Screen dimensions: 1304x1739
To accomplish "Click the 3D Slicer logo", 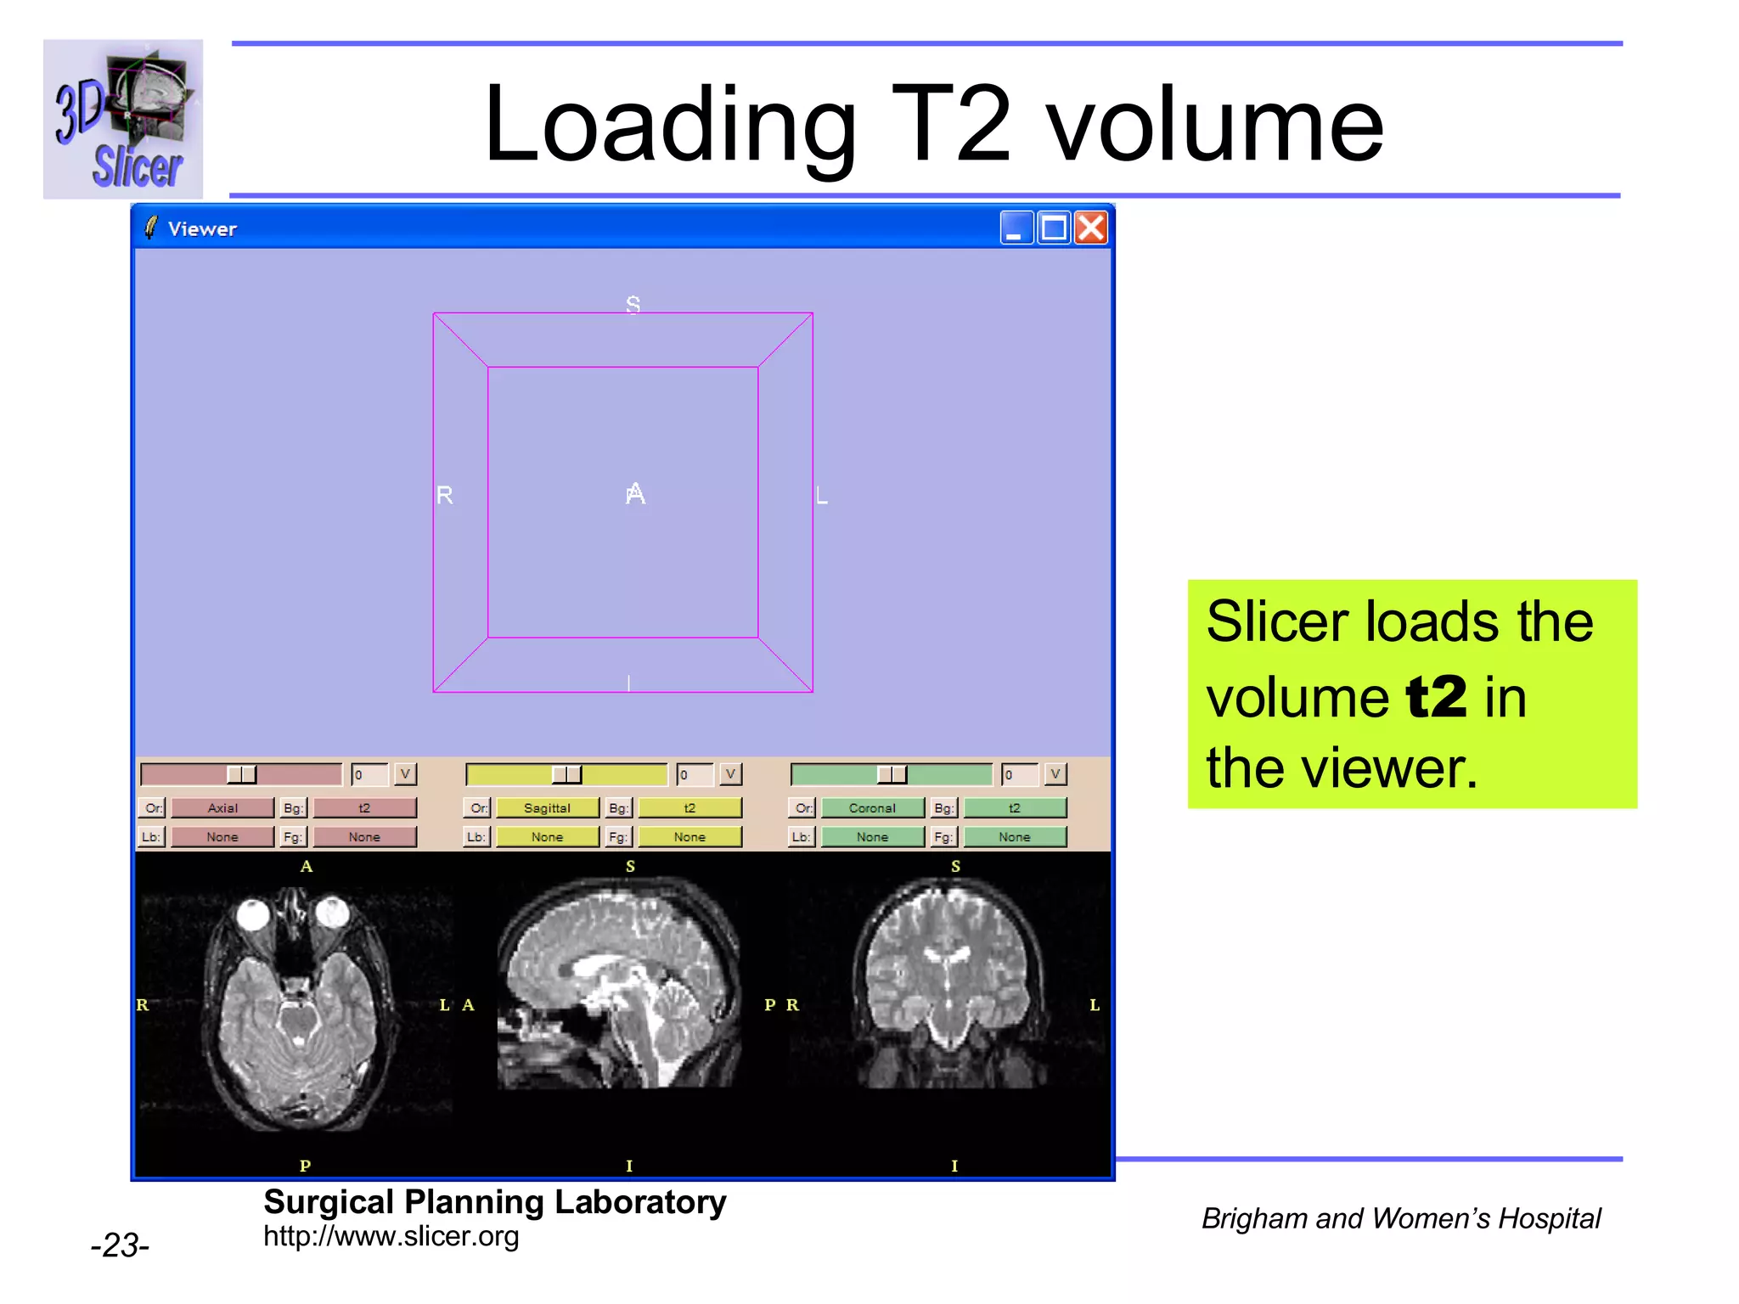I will coord(123,119).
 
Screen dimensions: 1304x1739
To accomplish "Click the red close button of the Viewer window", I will coord(1091,228).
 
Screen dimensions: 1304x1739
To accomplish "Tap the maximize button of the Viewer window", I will coord(1054,228).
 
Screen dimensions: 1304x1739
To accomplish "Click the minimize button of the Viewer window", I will coord(1016,228).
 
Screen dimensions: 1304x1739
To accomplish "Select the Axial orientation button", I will coord(222,808).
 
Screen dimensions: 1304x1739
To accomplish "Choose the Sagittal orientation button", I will coord(548,808).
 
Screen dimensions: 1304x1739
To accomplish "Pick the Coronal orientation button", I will coord(872,808).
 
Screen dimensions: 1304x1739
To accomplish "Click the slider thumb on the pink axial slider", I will coord(241,774).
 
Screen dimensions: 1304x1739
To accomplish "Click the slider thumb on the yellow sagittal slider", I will coord(566,774).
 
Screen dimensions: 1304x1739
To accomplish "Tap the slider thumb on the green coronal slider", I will coord(892,774).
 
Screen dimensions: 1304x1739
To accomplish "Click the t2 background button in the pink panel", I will coord(364,808).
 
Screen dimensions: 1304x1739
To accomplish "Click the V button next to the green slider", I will coord(1055,774).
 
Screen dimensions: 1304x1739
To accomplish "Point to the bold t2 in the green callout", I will coord(1436,698).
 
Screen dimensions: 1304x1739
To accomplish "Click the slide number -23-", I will coord(120,1245).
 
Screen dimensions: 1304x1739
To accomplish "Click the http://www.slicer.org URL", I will coord(391,1237).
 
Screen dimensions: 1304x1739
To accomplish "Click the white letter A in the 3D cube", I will coord(635,493).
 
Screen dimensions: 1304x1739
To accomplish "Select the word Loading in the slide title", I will coord(669,125).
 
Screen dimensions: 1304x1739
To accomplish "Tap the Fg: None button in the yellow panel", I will coord(689,837).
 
